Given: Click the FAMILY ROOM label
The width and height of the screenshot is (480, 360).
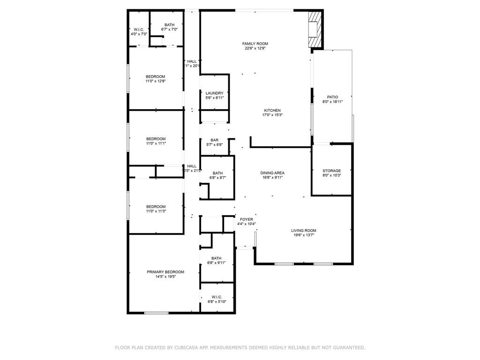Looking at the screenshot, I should [255, 44].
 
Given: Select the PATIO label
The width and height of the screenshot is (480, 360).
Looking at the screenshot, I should [332, 97].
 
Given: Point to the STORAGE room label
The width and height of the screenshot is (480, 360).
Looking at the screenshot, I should [331, 171].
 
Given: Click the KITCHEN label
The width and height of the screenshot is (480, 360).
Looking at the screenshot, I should [272, 110].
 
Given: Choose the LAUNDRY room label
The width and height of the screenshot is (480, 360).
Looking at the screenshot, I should [214, 93].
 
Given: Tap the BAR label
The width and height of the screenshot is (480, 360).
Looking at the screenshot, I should [214, 140].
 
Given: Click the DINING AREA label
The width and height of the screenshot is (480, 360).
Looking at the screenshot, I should [272, 173].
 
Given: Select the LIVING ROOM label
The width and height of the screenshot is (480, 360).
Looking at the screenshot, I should [303, 230].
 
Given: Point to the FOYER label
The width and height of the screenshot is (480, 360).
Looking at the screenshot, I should [246, 219].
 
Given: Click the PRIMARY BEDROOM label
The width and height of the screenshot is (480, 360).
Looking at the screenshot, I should [165, 272].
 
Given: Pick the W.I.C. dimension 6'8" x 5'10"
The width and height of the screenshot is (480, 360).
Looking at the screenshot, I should [216, 301].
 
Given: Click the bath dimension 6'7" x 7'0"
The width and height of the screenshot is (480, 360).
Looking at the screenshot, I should [169, 30].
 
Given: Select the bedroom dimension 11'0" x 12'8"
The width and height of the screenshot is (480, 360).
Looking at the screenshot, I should [155, 81].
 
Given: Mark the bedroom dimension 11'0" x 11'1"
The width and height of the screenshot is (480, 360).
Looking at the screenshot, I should [156, 143].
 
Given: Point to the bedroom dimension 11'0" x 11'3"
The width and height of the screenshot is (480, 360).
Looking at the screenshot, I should [155, 211].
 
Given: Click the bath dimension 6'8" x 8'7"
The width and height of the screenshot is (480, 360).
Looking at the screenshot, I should [217, 178].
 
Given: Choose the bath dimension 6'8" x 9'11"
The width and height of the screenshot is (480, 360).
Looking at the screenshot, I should [216, 263].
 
